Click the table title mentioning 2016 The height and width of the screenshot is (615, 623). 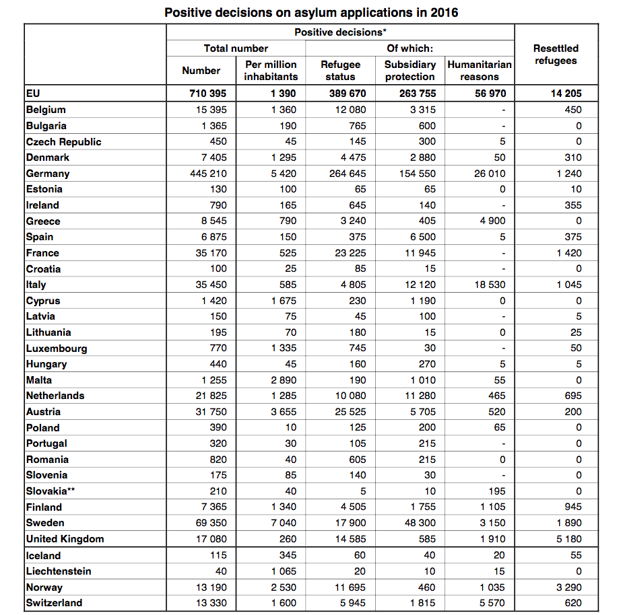pos(311,12)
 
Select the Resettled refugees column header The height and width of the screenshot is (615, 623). pos(556,55)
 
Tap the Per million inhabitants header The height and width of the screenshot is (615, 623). pos(270,71)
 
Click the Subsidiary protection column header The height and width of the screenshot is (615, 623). pos(410,71)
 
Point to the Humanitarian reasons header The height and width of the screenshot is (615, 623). pos(480,71)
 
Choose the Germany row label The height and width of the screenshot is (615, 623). pos(48,174)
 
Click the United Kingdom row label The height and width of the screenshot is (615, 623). pos(65,539)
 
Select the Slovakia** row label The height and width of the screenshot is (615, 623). pos(51,491)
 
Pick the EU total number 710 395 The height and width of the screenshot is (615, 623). pos(207,94)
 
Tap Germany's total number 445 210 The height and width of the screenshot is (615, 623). pos(207,174)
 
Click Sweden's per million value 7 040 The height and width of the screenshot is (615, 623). pos(284,523)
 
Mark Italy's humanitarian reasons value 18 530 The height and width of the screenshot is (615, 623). pos(489,285)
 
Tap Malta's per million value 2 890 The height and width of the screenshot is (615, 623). pos(284,380)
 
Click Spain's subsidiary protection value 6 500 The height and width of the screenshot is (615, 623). pos(422,237)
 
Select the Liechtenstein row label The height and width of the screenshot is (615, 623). pos(59,571)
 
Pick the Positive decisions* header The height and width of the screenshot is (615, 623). pos(340,32)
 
